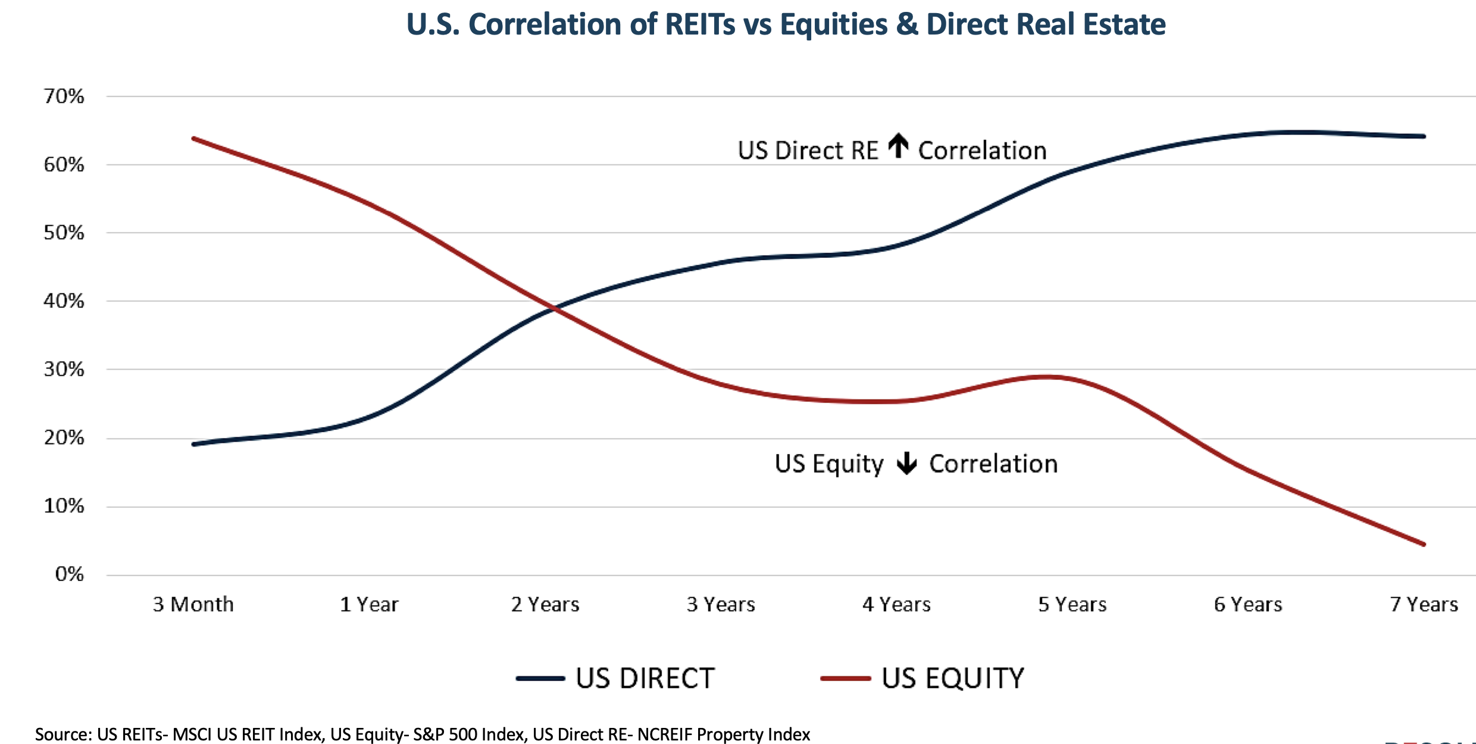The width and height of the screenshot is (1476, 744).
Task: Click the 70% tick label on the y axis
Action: [64, 96]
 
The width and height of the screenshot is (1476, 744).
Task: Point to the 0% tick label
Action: [70, 574]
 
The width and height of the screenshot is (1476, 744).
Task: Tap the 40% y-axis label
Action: [64, 301]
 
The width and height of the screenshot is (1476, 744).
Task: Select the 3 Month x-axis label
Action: [193, 605]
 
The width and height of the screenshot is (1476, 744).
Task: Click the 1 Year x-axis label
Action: [369, 605]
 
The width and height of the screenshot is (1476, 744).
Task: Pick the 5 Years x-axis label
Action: [1072, 605]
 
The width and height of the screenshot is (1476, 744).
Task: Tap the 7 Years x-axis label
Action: [1424, 605]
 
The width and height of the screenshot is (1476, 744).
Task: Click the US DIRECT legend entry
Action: [616, 679]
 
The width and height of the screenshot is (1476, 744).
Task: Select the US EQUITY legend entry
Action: [923, 679]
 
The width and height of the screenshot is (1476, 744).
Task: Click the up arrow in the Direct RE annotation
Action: [899, 146]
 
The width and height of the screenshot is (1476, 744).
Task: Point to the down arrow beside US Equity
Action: [907, 463]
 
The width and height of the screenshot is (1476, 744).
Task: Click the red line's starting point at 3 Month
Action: [194, 139]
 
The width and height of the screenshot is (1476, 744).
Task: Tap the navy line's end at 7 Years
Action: [1424, 136]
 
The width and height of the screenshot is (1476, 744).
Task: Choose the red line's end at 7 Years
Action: [1424, 544]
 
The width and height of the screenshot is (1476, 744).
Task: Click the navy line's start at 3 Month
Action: [194, 444]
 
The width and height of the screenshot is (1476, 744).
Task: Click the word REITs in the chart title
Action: [700, 25]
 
